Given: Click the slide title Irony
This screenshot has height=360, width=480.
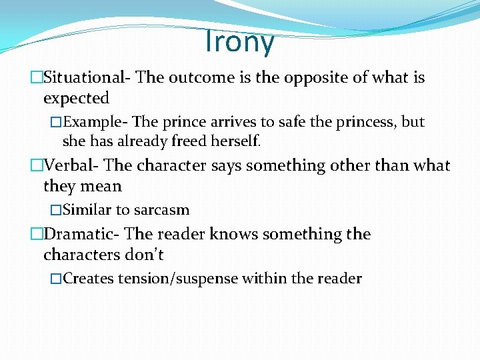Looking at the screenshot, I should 239,42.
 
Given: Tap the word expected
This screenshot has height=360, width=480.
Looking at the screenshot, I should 76,98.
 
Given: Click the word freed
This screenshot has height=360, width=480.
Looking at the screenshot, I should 193,141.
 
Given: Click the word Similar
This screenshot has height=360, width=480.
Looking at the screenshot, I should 87,210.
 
